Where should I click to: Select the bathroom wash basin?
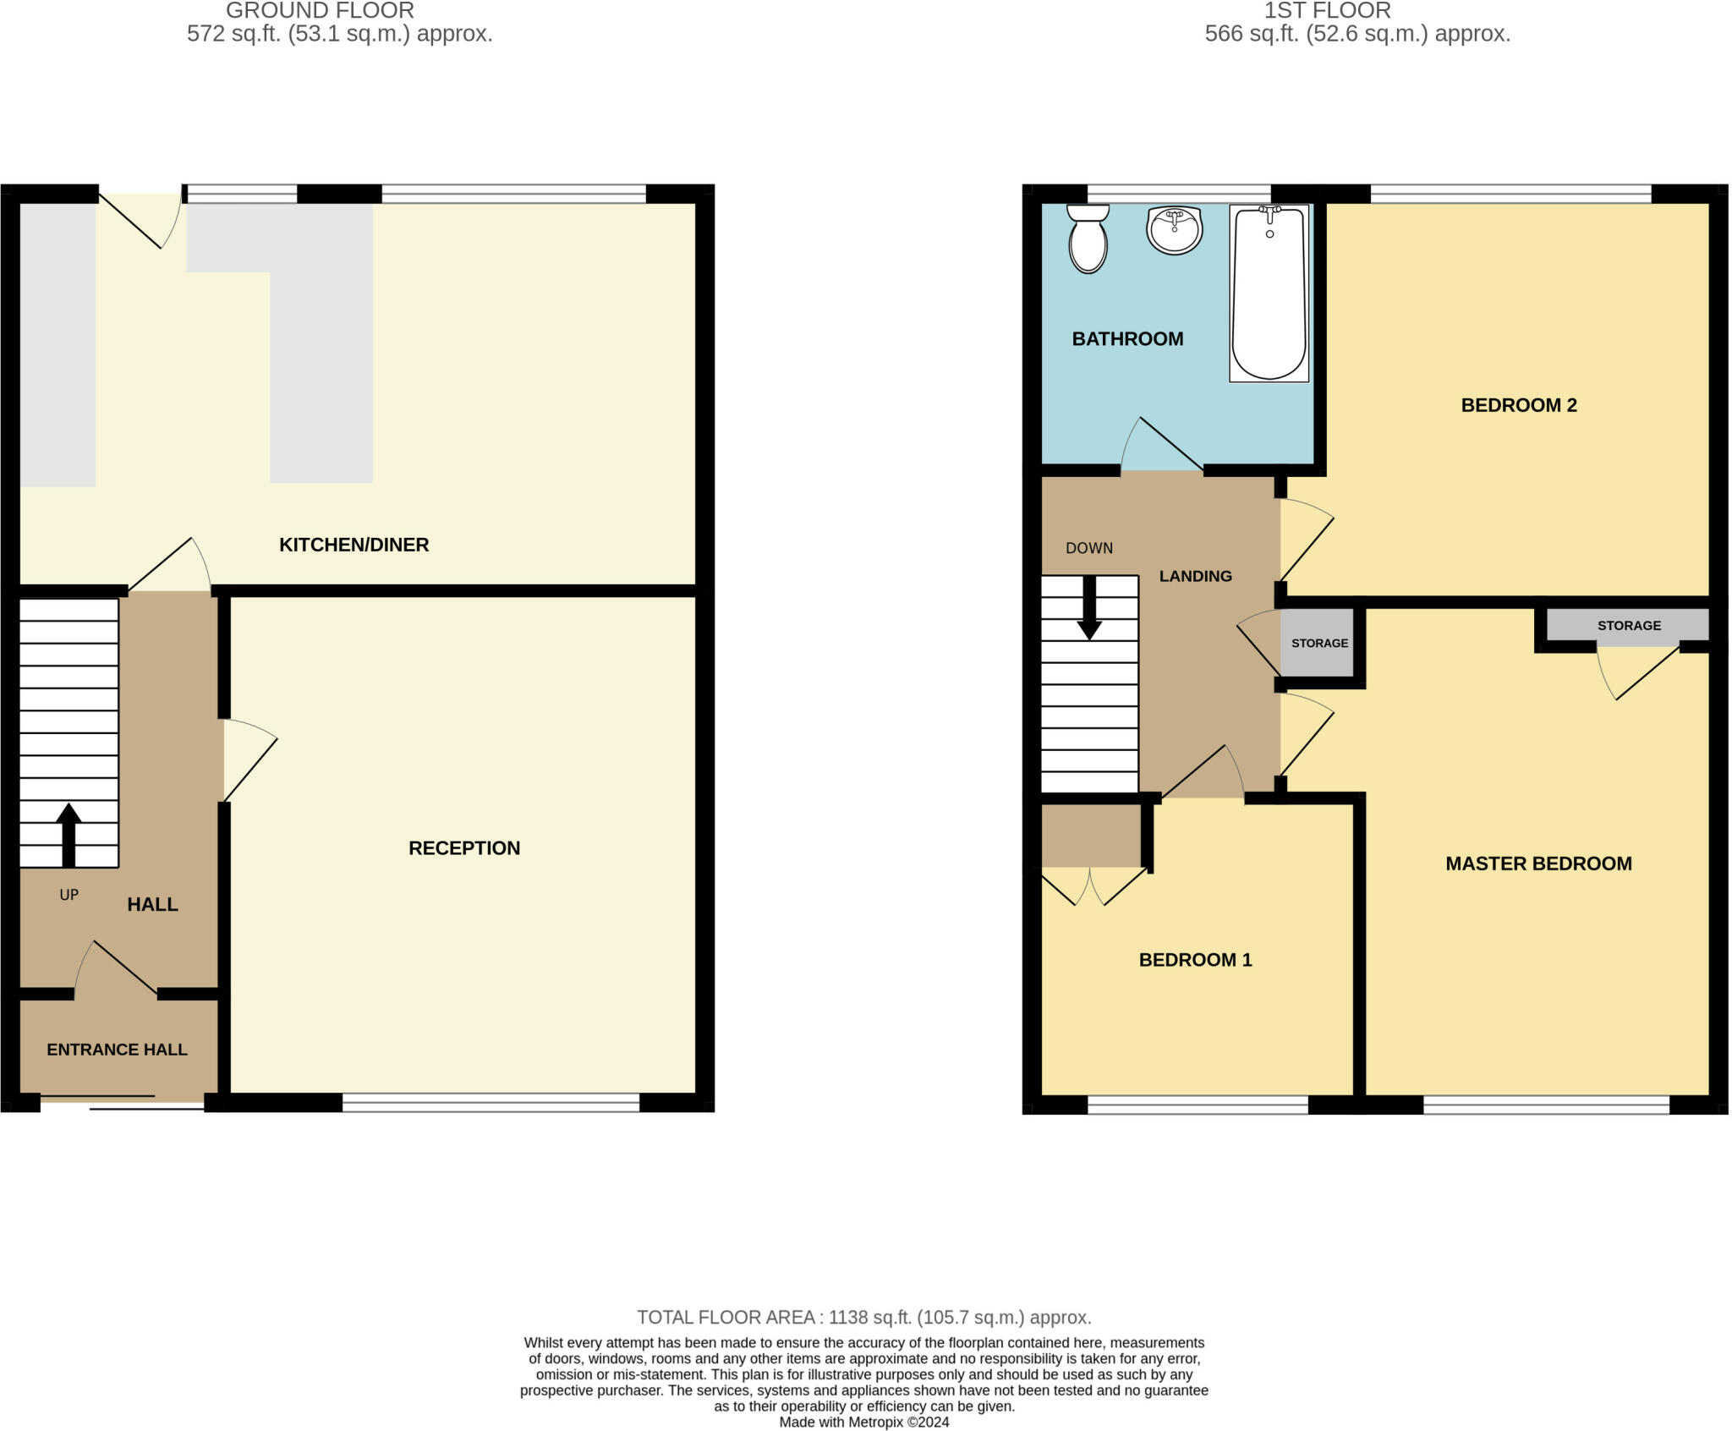[1174, 229]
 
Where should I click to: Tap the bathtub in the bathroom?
[1269, 293]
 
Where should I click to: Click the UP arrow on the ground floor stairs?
[69, 834]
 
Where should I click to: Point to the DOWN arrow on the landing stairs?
[1089, 608]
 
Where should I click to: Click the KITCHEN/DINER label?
[354, 545]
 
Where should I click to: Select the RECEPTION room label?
[463, 848]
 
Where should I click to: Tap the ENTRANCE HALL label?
[117, 1050]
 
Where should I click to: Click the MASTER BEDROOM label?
[1537, 864]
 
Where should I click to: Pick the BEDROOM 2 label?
[1518, 405]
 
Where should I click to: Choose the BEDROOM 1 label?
[1194, 960]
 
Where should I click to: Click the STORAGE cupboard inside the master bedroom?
[1628, 626]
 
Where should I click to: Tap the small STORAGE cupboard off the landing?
[1318, 644]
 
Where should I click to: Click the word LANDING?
[1194, 576]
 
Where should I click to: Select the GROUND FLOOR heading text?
[320, 11]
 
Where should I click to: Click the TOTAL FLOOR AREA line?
[863, 1318]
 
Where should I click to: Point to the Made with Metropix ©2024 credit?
[863, 1423]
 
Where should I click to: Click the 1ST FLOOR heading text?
[1326, 11]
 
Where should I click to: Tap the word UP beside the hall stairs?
[69, 895]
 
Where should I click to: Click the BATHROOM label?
[1126, 339]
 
